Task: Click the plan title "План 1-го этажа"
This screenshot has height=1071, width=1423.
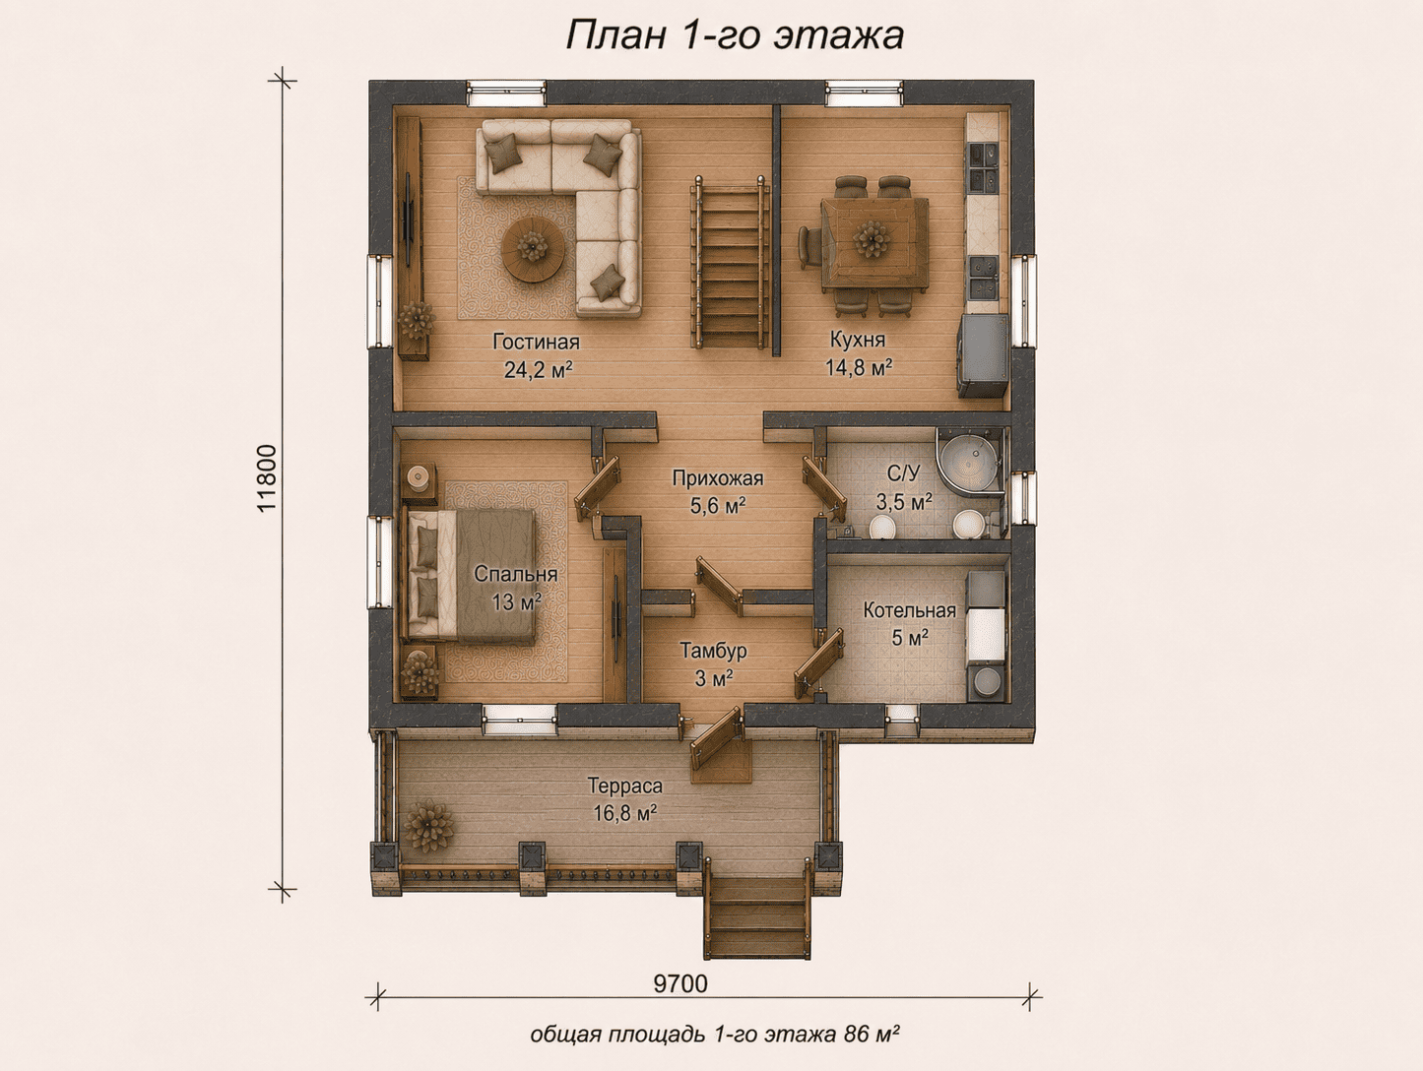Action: (735, 35)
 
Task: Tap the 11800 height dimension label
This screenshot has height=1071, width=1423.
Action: (267, 478)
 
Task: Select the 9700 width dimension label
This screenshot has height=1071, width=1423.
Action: (680, 983)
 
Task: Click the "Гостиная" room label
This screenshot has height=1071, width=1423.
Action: (536, 341)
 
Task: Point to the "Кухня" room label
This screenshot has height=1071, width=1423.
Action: (858, 339)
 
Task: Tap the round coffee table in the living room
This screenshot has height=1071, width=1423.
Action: (533, 248)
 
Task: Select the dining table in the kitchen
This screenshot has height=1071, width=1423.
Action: (873, 243)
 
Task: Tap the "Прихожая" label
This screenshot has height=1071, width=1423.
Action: (718, 478)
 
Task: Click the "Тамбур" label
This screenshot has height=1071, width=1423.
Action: (713, 650)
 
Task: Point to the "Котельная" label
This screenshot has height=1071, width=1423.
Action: (910, 610)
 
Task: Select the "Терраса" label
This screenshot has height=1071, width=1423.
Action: (625, 786)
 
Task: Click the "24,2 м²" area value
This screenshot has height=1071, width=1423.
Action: (538, 369)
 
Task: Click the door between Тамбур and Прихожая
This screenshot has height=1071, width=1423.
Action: (720, 585)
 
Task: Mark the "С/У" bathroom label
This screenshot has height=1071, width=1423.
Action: (903, 472)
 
